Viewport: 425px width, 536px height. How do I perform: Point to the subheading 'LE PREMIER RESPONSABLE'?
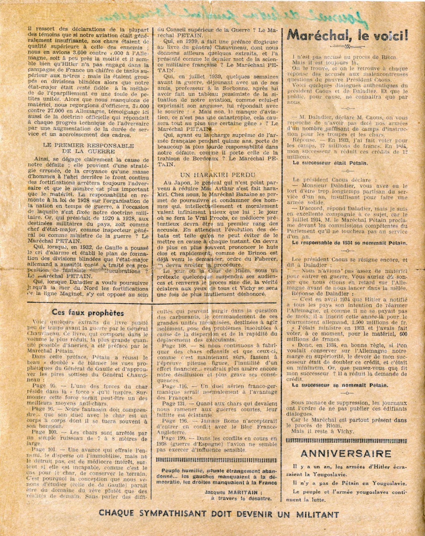pyautogui.click(x=88, y=146)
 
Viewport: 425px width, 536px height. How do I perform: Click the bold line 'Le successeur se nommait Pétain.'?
pyautogui.click(x=340, y=385)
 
